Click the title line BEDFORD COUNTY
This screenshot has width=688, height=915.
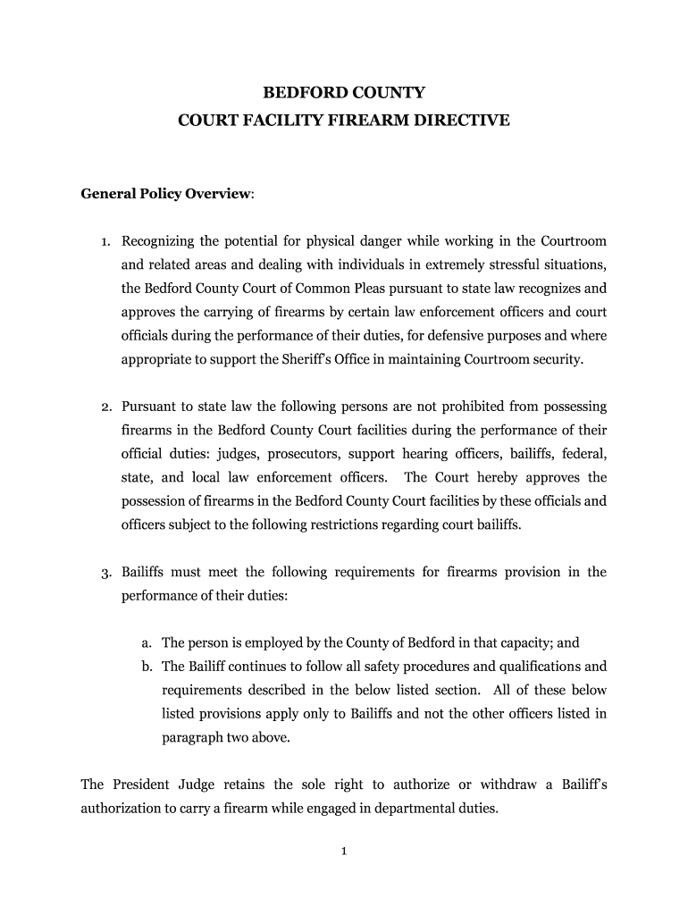[x=344, y=92]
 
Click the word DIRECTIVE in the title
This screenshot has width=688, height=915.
[x=462, y=118]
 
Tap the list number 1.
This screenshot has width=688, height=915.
[x=105, y=242]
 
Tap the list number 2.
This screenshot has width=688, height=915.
[x=105, y=407]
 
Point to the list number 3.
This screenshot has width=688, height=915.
[x=105, y=573]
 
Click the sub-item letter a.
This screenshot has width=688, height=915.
[x=146, y=642]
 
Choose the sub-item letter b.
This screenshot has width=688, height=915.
[x=146, y=667]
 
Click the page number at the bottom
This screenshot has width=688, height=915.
[x=343, y=851]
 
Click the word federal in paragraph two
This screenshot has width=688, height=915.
[x=584, y=454]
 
